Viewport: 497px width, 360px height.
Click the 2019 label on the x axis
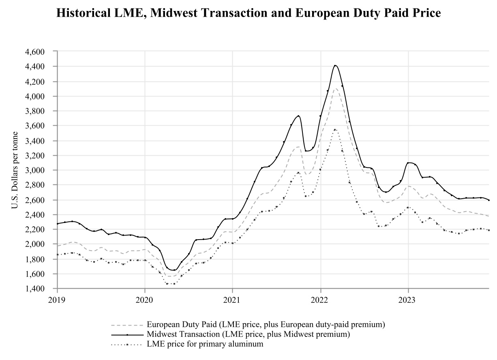click(x=57, y=300)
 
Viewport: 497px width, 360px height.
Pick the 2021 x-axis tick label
click(x=232, y=300)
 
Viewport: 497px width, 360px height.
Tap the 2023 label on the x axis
click(x=408, y=300)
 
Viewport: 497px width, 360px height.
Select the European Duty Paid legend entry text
click(x=266, y=325)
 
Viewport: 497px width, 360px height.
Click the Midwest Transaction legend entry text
click(x=248, y=334)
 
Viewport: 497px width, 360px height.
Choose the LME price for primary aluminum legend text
click(x=205, y=344)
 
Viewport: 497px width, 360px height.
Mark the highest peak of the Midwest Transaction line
click(x=335, y=65)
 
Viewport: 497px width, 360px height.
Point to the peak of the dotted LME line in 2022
click(x=335, y=130)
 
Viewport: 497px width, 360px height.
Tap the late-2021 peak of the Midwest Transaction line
click(x=298, y=116)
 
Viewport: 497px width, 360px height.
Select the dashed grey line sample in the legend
click(x=127, y=325)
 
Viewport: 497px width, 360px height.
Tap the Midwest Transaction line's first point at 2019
click(x=58, y=223)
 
